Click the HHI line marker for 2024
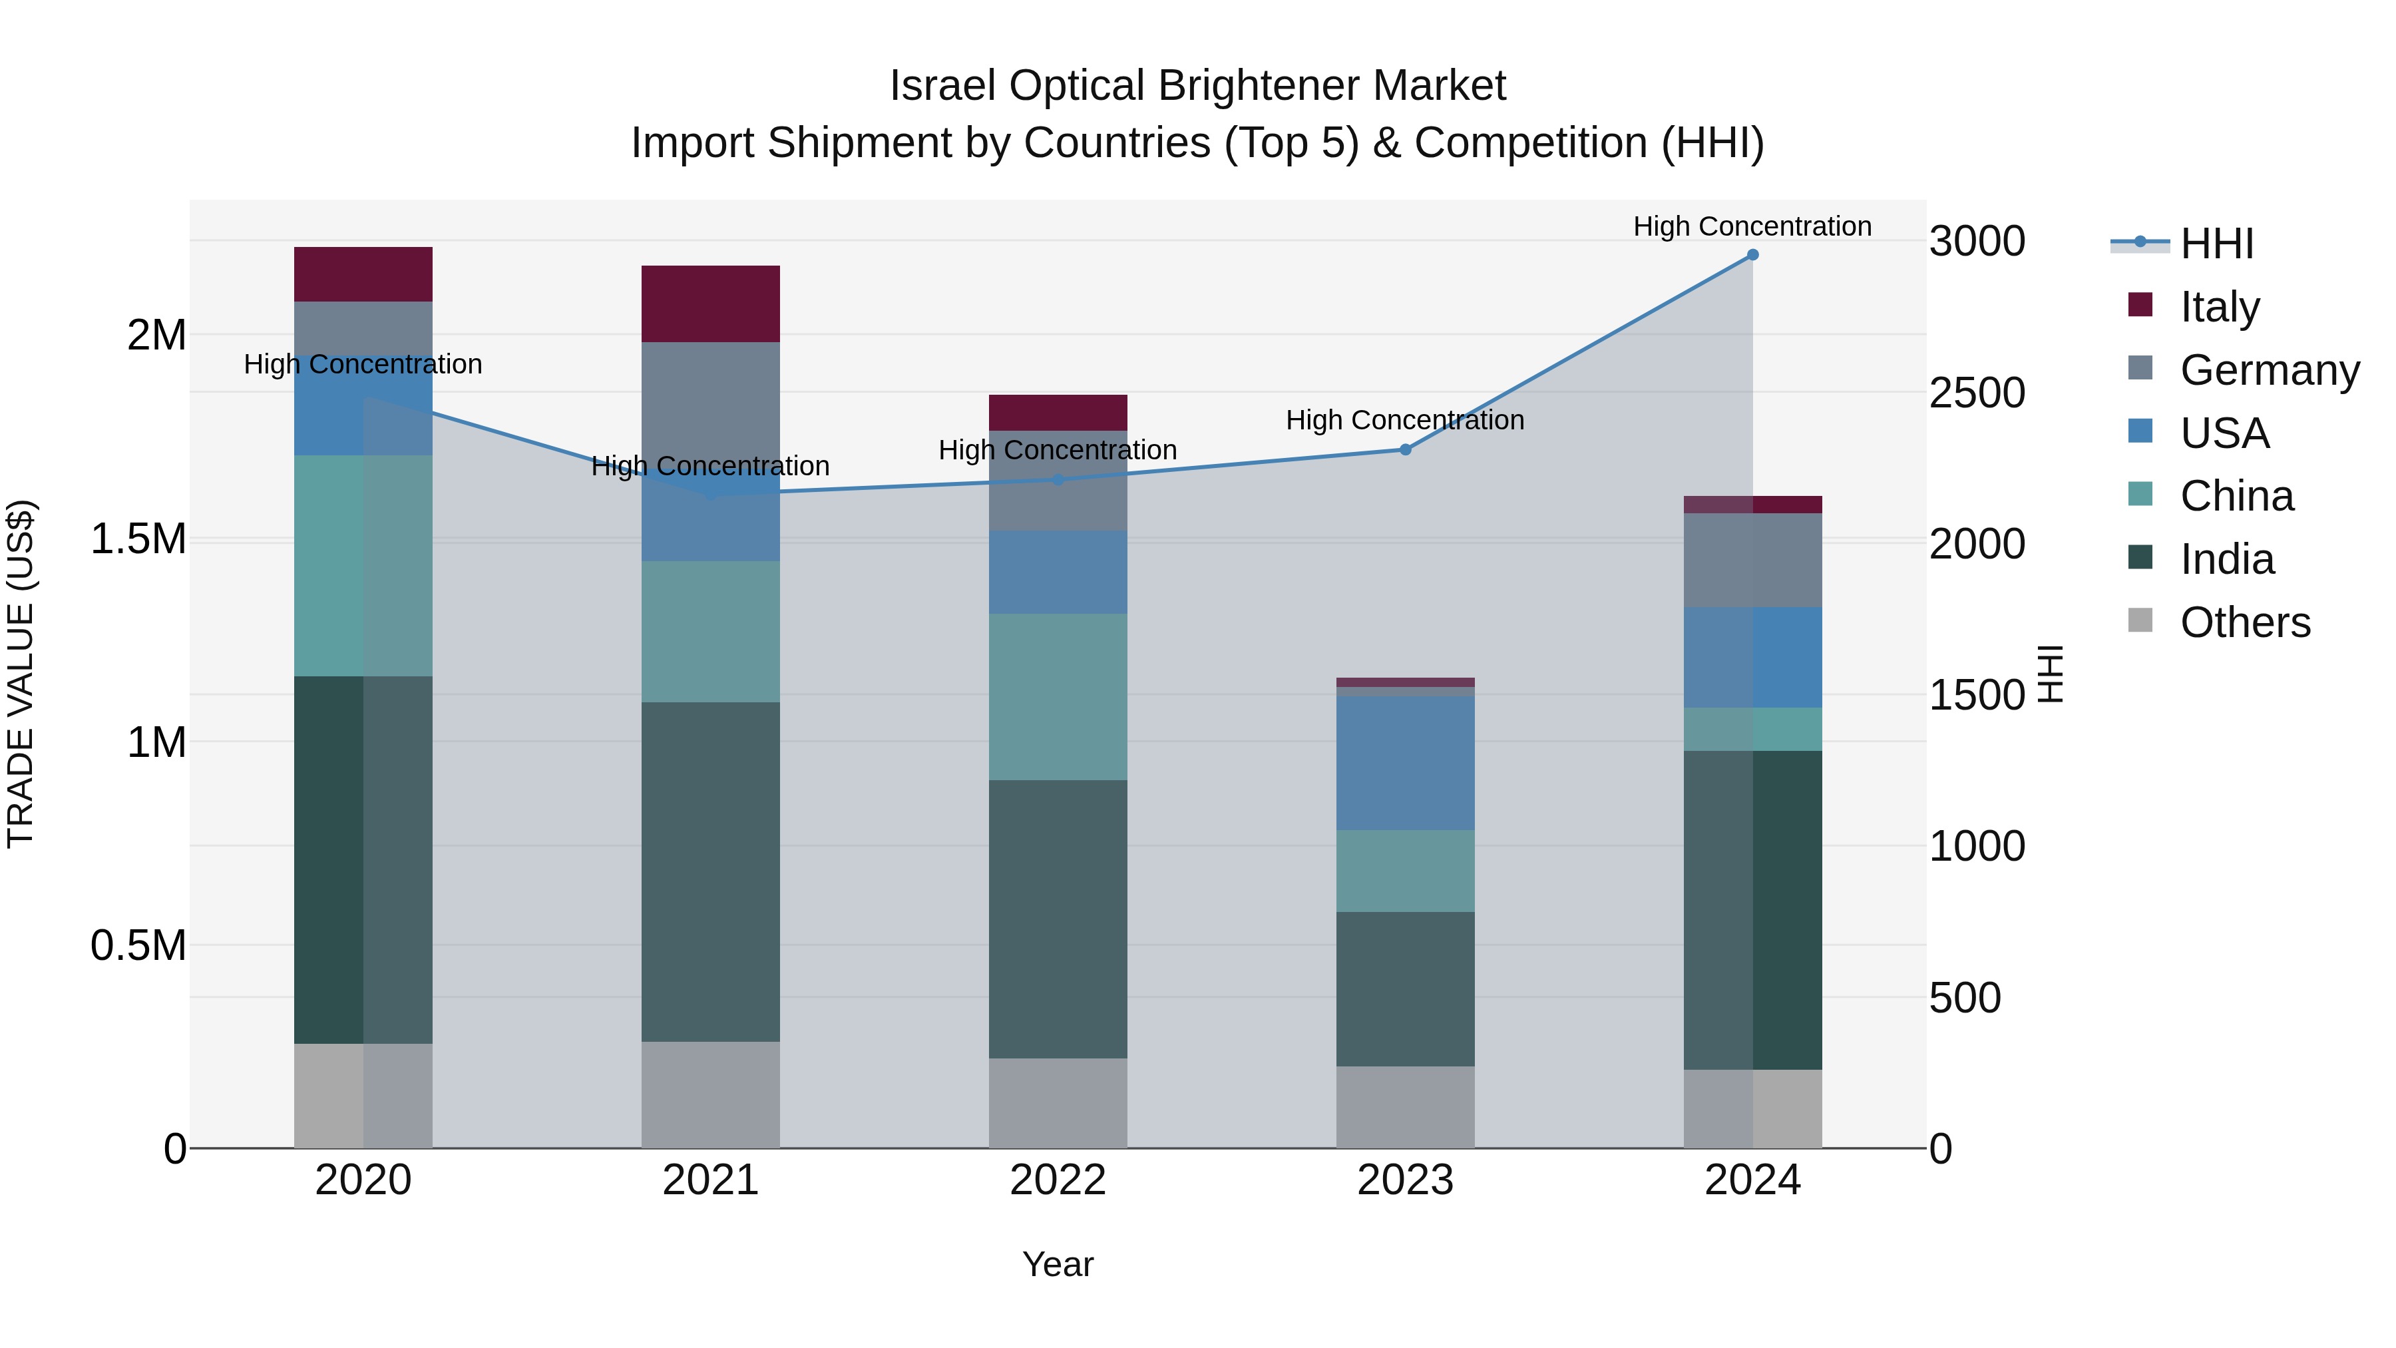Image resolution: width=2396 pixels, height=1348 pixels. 1752,255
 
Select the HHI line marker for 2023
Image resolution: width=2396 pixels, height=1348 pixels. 1406,449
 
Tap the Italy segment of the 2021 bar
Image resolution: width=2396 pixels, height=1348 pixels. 711,304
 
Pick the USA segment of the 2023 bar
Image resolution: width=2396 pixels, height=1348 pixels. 1406,763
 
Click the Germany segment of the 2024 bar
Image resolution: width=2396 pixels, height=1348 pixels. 1752,560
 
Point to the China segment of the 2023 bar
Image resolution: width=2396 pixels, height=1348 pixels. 1406,871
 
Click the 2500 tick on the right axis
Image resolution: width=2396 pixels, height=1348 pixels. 1977,393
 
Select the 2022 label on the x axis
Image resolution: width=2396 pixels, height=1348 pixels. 1058,1180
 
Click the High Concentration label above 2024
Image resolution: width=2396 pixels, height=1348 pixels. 1752,226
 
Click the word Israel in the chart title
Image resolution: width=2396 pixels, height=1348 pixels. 943,86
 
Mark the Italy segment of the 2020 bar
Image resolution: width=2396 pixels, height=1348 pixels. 363,274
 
